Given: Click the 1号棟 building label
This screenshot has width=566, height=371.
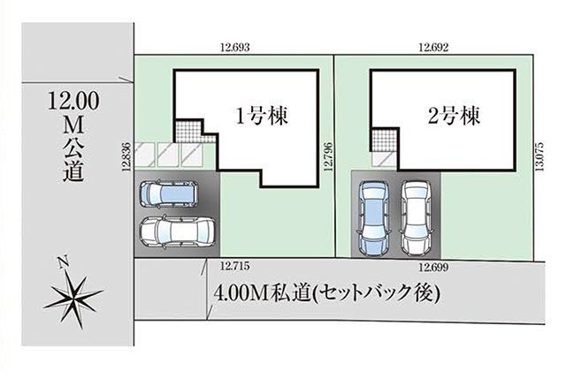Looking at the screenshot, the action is (x=262, y=116).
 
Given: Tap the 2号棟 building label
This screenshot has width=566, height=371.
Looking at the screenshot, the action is (x=454, y=116).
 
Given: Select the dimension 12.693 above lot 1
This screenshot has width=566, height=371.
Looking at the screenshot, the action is (x=235, y=47).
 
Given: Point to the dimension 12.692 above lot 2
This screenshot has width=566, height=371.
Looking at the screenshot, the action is (x=433, y=47).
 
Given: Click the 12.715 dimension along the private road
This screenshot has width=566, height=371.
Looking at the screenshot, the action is (x=235, y=267).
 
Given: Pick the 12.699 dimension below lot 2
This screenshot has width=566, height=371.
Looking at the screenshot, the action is (x=433, y=267).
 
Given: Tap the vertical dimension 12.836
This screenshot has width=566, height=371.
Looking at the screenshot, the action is (x=126, y=155).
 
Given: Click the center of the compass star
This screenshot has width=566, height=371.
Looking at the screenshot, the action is (x=73, y=296).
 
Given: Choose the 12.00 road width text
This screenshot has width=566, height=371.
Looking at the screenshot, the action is (x=73, y=101).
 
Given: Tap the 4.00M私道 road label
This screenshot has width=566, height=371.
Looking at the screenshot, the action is (x=263, y=293).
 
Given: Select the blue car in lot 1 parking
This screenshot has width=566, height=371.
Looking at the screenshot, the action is (x=169, y=194).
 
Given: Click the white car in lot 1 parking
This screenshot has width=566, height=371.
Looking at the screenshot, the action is (x=177, y=232).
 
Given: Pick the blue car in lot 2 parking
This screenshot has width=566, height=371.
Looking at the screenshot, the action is (x=373, y=218).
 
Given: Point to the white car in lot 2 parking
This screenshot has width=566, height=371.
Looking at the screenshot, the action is (x=417, y=218).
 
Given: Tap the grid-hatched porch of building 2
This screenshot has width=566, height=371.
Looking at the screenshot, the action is (x=385, y=140).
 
